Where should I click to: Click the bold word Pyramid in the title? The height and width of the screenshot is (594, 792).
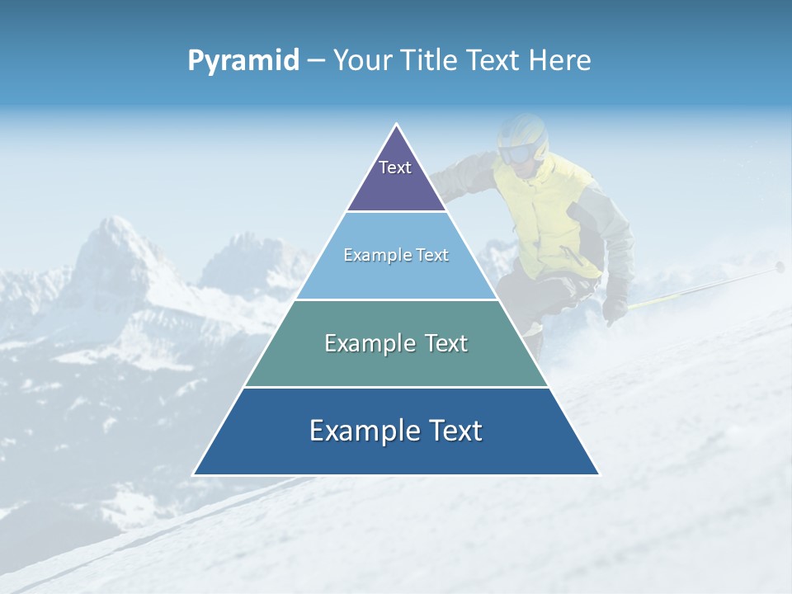[x=243, y=61]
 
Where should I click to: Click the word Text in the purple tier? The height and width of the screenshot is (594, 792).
[x=395, y=167]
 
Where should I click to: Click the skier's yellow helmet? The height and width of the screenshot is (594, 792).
[x=525, y=132]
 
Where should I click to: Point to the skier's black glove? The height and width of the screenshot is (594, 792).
[x=615, y=309]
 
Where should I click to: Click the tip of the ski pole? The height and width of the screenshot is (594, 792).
[x=780, y=266]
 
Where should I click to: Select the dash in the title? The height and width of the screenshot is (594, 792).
[x=316, y=61]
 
